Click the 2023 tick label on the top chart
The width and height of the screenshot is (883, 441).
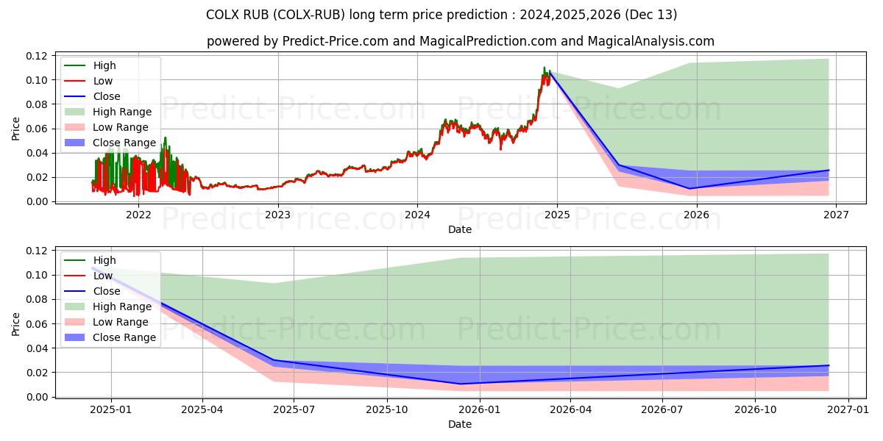click(277, 215)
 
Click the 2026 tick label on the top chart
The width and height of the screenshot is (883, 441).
click(696, 215)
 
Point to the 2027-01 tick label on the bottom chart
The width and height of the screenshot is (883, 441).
click(848, 409)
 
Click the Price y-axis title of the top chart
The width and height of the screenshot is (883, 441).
click(16, 129)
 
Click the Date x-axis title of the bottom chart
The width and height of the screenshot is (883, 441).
click(460, 424)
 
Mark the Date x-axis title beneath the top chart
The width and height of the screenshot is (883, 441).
click(460, 229)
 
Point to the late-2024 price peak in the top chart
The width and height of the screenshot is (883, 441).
click(545, 68)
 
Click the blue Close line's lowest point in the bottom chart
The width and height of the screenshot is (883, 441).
click(461, 384)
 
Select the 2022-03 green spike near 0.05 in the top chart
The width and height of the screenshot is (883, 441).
click(165, 137)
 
